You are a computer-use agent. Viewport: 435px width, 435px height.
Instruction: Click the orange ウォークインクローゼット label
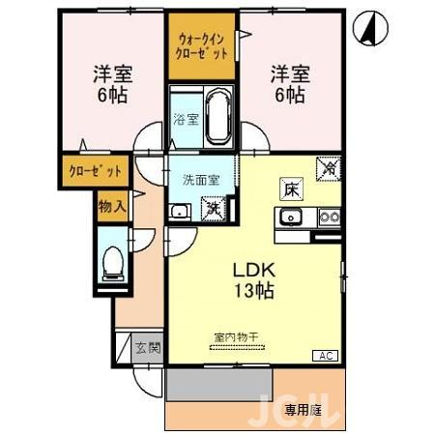pyautogui.click(x=203, y=45)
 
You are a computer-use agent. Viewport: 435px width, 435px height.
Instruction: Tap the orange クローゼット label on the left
pyautogui.click(x=96, y=171)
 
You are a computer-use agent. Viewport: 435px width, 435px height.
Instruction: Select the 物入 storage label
pyautogui.click(x=112, y=205)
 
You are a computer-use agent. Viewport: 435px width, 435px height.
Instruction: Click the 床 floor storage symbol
pyautogui.click(x=290, y=188)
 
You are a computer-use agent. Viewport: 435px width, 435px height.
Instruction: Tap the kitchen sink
pyautogui.click(x=293, y=217)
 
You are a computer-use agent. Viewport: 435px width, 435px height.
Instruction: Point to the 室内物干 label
pyautogui.click(x=236, y=337)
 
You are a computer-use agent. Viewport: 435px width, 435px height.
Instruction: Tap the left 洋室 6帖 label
pyautogui.click(x=111, y=83)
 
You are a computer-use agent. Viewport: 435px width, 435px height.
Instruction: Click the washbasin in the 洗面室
pyautogui.click(x=179, y=212)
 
